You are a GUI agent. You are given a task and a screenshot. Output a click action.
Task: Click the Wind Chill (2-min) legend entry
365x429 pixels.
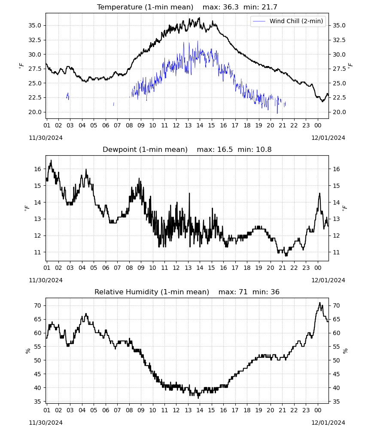[288, 21]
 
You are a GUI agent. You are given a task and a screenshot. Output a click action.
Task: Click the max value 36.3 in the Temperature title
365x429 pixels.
[231, 7]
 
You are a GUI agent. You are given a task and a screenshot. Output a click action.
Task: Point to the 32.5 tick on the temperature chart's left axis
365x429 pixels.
[35, 40]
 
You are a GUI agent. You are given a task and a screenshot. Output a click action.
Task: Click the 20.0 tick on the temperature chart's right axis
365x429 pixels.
[339, 112]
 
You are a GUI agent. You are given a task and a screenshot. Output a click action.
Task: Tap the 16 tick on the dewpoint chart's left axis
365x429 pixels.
[37, 169]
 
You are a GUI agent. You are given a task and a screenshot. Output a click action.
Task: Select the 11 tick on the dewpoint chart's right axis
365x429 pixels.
[336, 252]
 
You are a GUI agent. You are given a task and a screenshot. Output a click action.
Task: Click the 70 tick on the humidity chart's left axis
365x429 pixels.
[37, 305]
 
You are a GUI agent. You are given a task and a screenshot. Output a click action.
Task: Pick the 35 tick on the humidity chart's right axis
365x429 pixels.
[336, 402]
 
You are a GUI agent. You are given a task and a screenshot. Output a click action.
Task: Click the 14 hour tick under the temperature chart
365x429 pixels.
[200, 125]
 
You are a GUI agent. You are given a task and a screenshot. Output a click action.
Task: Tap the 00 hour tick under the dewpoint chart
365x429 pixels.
[318, 268]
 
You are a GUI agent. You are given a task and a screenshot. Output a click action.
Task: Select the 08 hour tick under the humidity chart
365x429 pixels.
[129, 410]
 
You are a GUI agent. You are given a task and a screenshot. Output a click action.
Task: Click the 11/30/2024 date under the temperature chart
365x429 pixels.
[46, 138]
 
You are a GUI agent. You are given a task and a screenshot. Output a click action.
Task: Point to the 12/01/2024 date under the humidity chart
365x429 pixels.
[328, 423]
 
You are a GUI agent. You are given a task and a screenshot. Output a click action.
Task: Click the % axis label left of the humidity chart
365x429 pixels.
[27, 351]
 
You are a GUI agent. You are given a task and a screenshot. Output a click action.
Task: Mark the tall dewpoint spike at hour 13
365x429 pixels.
[189, 193]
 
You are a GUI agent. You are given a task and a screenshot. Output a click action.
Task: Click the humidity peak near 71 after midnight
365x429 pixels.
[319, 303]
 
